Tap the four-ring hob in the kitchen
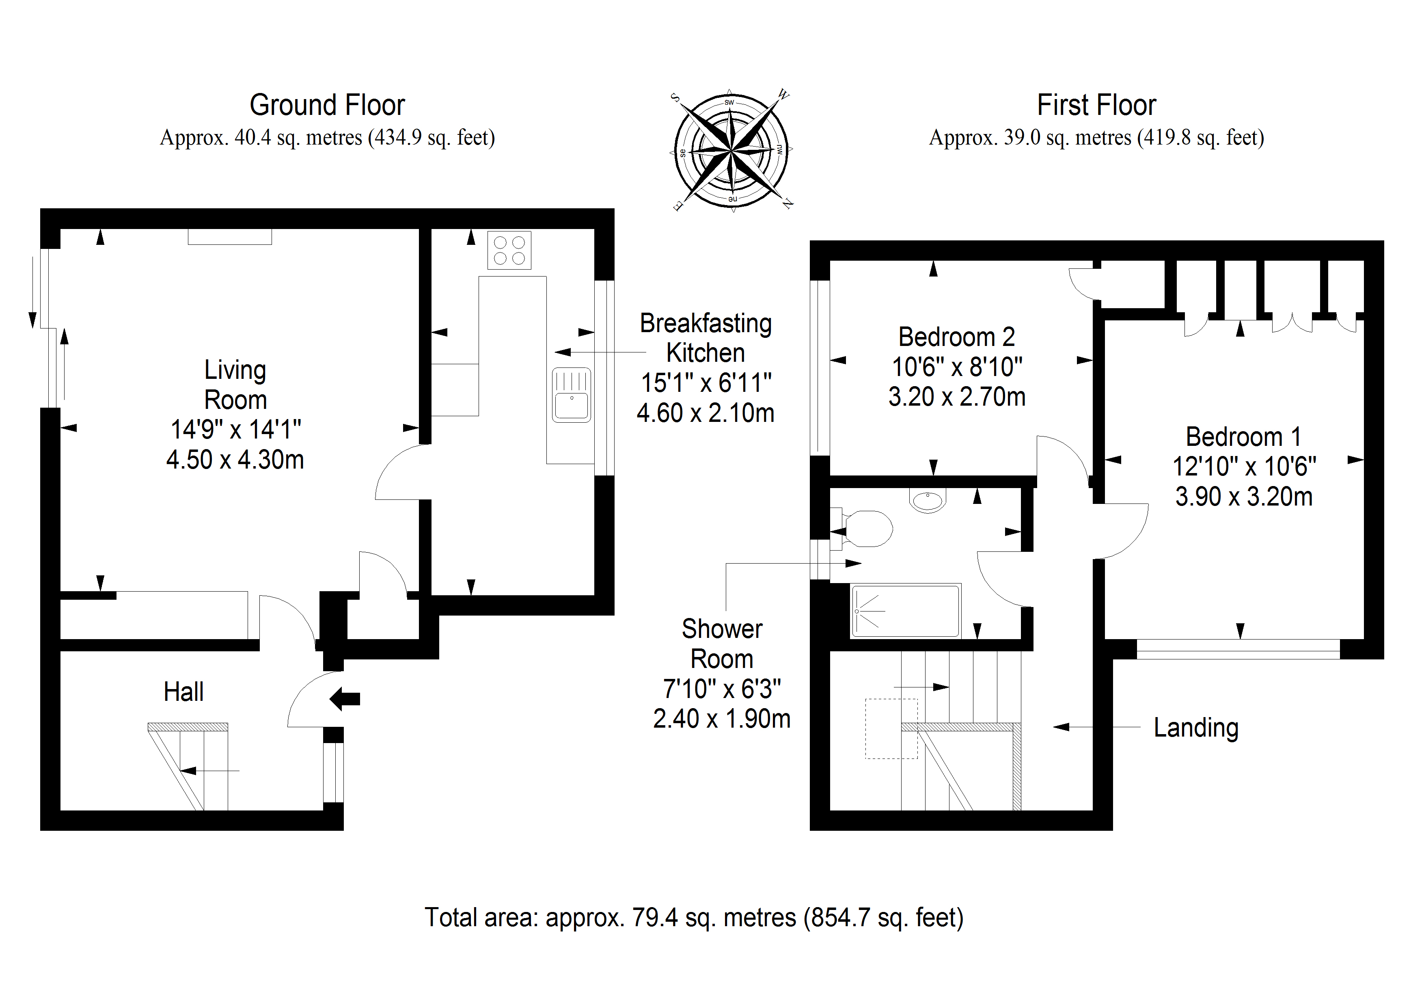(509, 250)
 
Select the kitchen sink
(571, 395)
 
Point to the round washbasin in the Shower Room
(928, 499)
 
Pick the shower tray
(906, 611)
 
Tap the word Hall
(183, 692)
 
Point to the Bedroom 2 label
(956, 337)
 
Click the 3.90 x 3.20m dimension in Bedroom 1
(1244, 496)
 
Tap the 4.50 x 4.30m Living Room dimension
(235, 460)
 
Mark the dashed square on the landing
(891, 728)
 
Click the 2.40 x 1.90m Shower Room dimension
(722, 718)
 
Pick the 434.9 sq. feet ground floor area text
(432, 137)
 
